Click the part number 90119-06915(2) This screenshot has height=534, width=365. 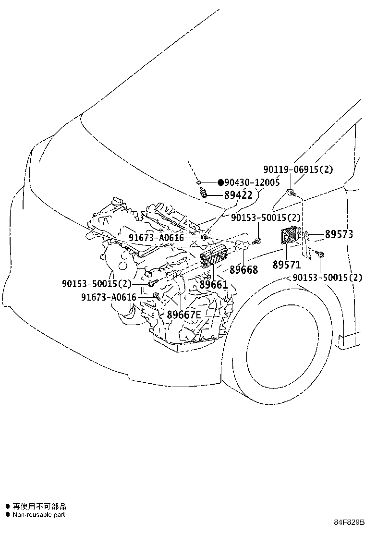pos(298,169)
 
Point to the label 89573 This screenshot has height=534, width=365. pos(339,234)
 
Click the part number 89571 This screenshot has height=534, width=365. pos(287,265)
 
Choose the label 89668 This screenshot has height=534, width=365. pos(243,270)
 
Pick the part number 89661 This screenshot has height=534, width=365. pos(213,285)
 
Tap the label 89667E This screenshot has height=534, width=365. pos(183,315)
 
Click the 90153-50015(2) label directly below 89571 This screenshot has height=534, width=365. pos(328,278)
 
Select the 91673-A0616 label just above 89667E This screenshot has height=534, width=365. pos(109,297)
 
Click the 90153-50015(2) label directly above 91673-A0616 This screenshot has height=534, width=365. pos(97,284)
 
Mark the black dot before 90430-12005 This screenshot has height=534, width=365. pos(220,182)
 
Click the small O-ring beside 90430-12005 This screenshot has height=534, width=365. pos(198,182)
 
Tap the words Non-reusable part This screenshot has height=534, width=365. pos(38,515)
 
